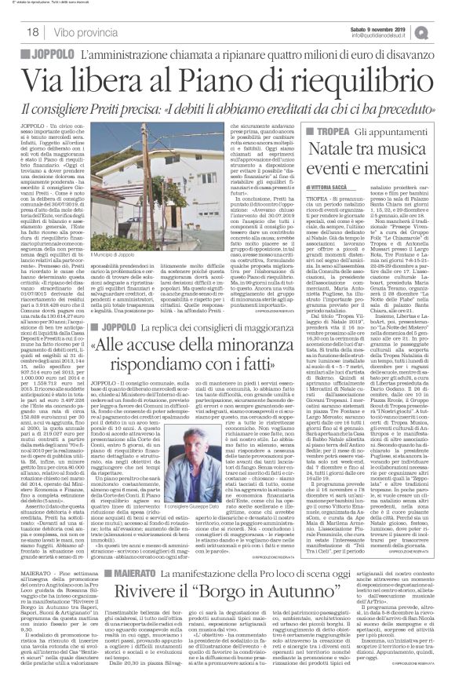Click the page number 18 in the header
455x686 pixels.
tap(13, 31)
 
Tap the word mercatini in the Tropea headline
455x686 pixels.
tap(396, 166)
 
